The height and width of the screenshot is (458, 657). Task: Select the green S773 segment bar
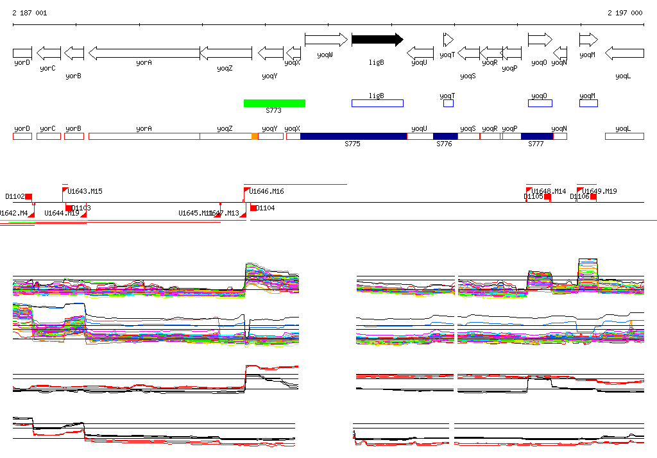point(275,103)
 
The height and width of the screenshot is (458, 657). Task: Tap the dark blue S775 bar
point(354,136)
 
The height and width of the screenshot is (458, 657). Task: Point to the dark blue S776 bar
point(445,136)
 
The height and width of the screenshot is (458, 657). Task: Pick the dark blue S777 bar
point(537,136)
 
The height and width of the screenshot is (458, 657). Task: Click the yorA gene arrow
point(144,52)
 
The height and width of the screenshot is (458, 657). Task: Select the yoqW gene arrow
point(326,40)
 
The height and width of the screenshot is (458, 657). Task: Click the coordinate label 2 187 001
point(30,13)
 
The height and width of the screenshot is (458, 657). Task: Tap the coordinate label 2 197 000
point(625,13)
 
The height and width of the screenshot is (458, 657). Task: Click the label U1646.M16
point(267,191)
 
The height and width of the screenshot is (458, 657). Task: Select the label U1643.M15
point(85,191)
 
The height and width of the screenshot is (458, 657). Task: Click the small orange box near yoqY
point(255,136)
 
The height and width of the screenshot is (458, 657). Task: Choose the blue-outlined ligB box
point(377,103)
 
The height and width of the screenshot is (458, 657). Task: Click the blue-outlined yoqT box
point(448,103)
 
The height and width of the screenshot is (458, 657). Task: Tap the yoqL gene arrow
point(624,52)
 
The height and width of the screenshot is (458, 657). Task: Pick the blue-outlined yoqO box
point(540,103)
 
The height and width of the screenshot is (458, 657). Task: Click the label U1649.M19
point(600,191)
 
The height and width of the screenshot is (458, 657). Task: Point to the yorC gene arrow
point(49,52)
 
